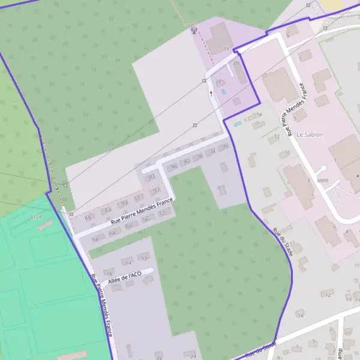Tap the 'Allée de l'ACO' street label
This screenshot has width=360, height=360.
[125, 277]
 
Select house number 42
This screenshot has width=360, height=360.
[151, 176]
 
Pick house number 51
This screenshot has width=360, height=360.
[157, 190]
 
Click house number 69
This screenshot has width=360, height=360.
[88, 218]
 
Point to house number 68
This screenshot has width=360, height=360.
[95, 239]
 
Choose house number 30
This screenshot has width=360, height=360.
[225, 147]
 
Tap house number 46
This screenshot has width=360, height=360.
[175, 166]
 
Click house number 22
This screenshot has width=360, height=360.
[218, 82]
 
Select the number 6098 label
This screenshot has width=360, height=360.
[322, 180]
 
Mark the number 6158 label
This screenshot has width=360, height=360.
[35, 217]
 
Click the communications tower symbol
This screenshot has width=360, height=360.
[193, 29]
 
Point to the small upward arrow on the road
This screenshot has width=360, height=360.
[211, 94]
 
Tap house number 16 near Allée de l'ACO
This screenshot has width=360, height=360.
[109, 274]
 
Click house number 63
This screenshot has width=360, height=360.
[108, 211]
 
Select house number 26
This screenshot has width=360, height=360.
[159, 358]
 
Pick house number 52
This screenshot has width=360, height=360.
[161, 214]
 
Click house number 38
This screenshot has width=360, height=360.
[200, 156]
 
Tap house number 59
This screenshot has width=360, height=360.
[125, 203]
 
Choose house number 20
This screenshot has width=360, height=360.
[236, 63]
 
